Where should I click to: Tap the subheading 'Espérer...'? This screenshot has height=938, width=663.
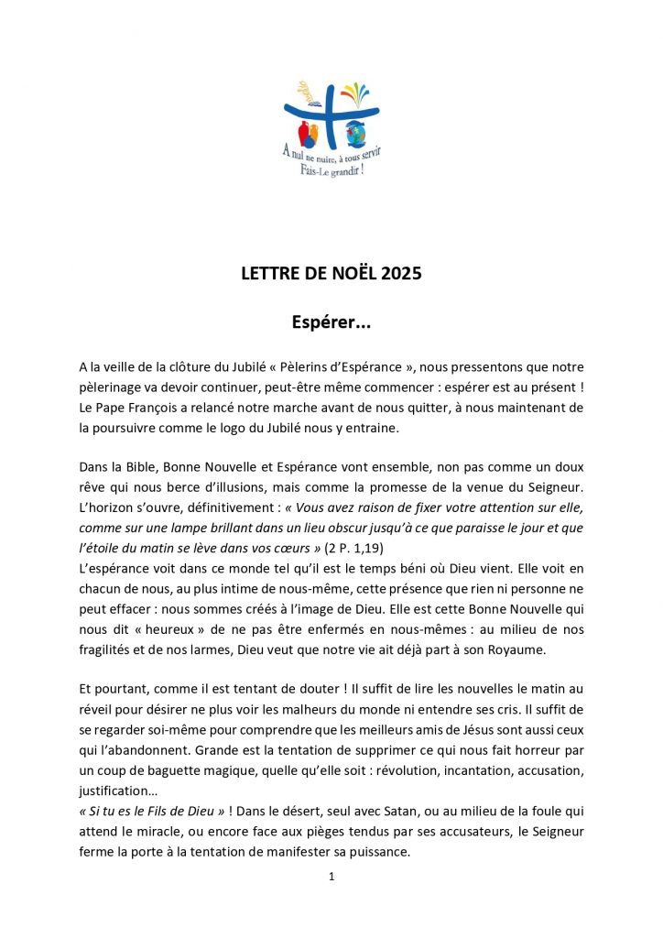coord(331,323)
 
